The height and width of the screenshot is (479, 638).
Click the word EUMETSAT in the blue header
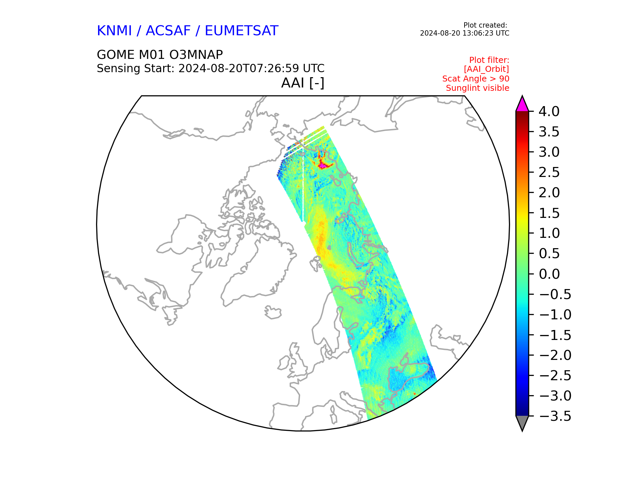[x=241, y=31]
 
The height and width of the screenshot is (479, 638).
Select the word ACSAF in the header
[x=168, y=31]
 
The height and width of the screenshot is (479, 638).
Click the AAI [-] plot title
[x=303, y=83]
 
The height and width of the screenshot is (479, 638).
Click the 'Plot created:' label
[x=485, y=25]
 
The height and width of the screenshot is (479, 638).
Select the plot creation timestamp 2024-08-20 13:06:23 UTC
[x=465, y=33]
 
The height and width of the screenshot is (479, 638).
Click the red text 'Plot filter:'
[x=489, y=60]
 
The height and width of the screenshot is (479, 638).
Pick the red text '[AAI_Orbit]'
[x=486, y=69]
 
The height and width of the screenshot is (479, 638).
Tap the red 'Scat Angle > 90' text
[x=476, y=79]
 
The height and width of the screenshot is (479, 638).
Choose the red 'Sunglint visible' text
[x=478, y=88]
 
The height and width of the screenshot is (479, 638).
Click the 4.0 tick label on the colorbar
[x=549, y=111]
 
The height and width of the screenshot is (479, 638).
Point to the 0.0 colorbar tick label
[x=549, y=274]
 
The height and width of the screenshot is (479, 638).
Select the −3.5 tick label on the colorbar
[x=555, y=416]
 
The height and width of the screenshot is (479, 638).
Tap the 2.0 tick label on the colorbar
[x=549, y=193]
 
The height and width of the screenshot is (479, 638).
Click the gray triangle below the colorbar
[x=522, y=422]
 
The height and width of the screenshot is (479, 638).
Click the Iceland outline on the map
[x=273, y=313]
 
